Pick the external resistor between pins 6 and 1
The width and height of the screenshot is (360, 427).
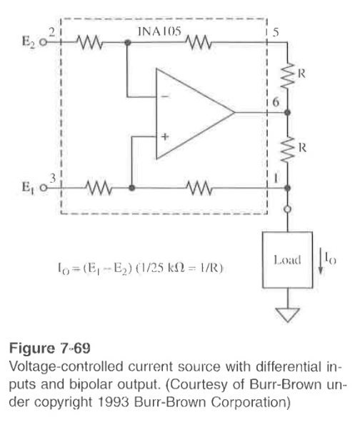288,149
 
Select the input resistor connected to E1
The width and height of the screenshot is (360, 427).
99,189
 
